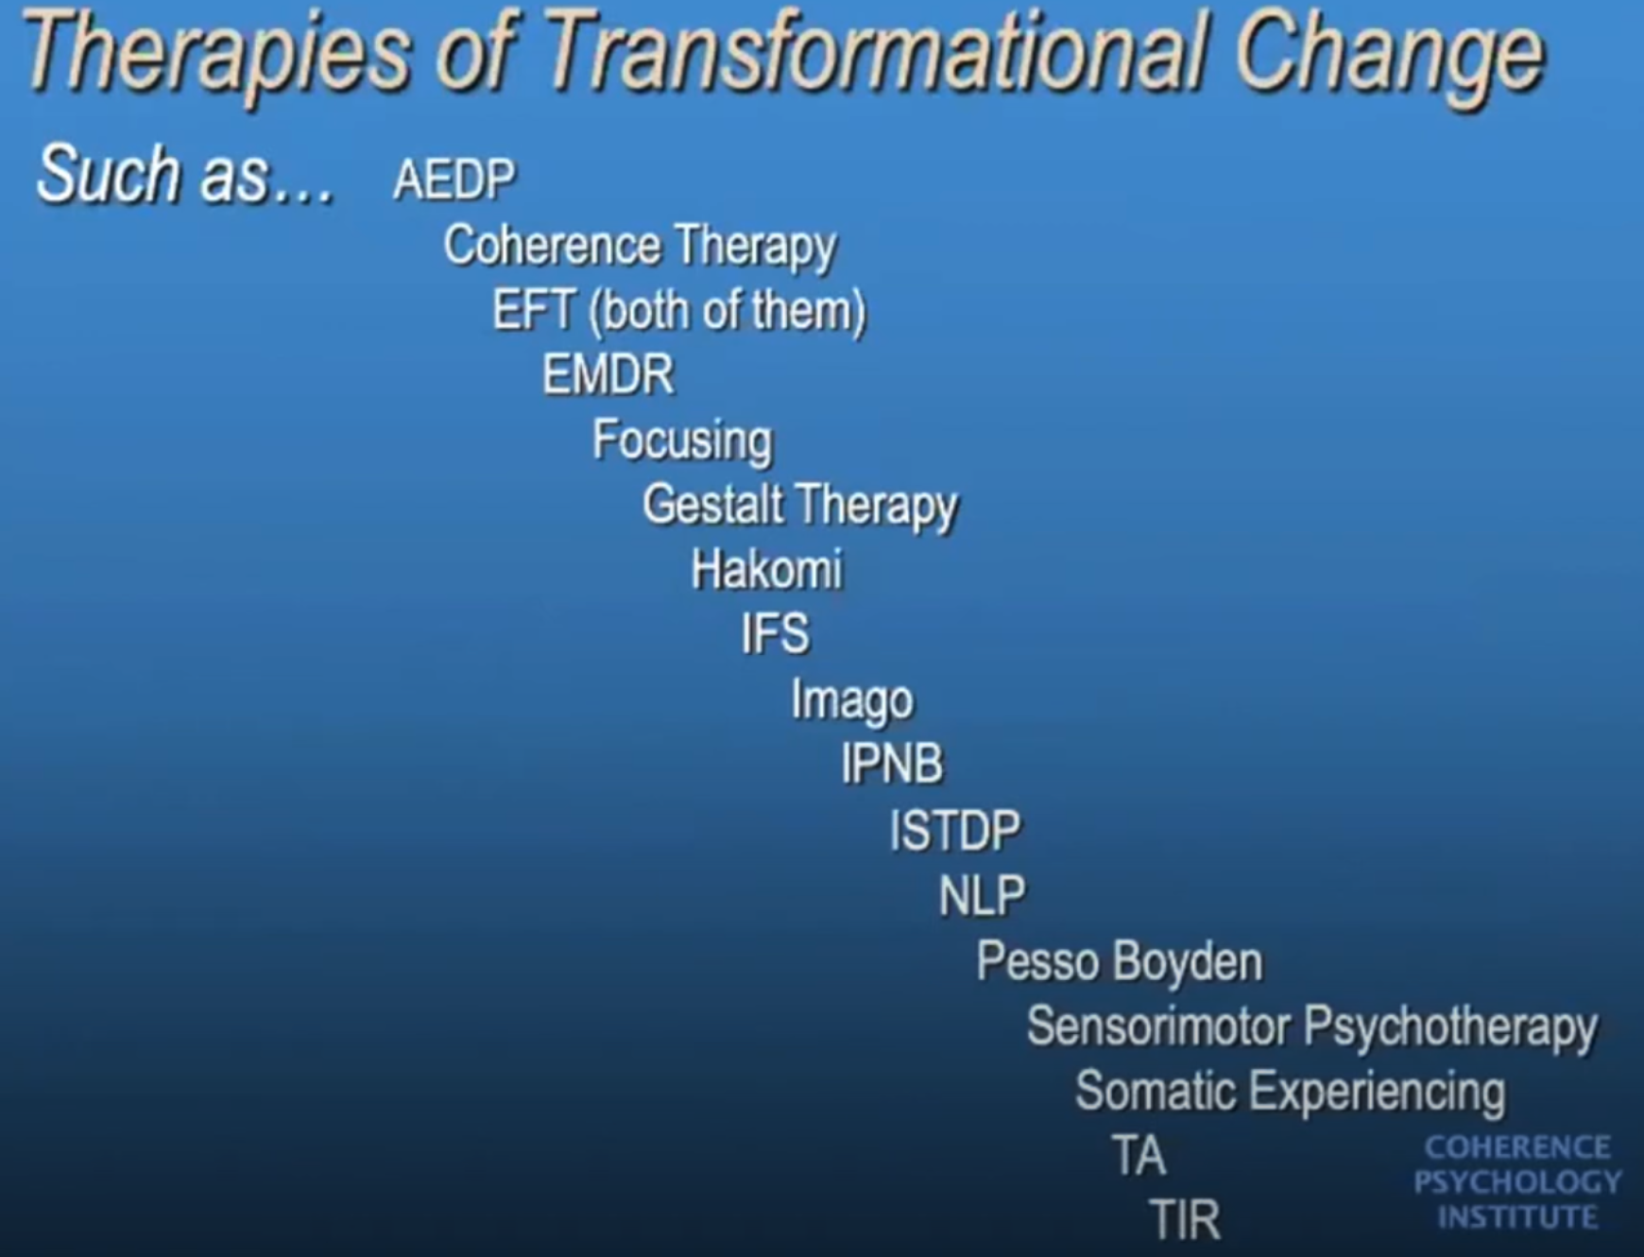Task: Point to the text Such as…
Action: pyautogui.click(x=185, y=175)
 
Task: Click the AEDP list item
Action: pyautogui.click(x=454, y=179)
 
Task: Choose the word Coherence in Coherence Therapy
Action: pyautogui.click(x=552, y=245)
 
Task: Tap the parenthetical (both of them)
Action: pyautogui.click(x=727, y=311)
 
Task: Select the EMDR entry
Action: pyautogui.click(x=608, y=374)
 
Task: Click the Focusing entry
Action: pyautogui.click(x=682, y=441)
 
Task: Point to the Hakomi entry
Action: pyautogui.click(x=766, y=569)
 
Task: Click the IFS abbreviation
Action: pyautogui.click(x=776, y=633)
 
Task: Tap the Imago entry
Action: pyautogui.click(x=852, y=700)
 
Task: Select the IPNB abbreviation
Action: pyautogui.click(x=892, y=763)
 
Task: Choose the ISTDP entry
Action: pyautogui.click(x=955, y=830)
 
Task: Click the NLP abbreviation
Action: pyautogui.click(x=982, y=895)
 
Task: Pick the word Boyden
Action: pyautogui.click(x=1188, y=962)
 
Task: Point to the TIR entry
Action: pyautogui.click(x=1185, y=1219)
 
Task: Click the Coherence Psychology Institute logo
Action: pyautogui.click(x=1517, y=1181)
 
